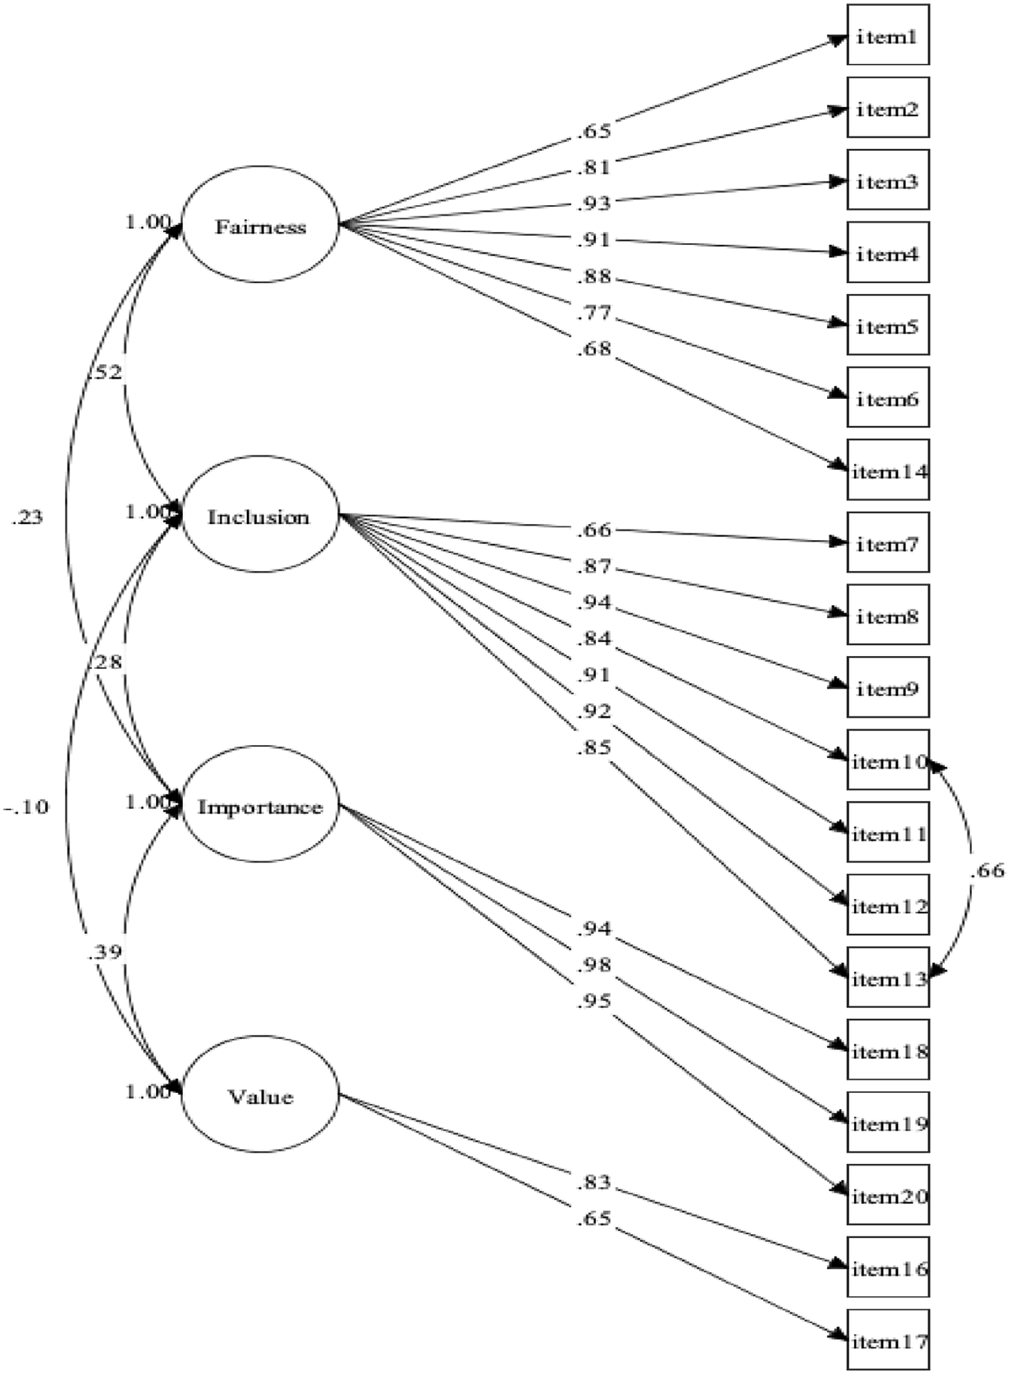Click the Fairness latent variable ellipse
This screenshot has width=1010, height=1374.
click(x=260, y=224)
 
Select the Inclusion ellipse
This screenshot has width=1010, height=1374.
click(x=260, y=514)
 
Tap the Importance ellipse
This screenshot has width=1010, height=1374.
click(x=260, y=804)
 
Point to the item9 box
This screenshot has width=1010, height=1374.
click(x=888, y=688)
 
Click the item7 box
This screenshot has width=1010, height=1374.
click(x=888, y=543)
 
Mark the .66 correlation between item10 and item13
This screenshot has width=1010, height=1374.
click(x=987, y=871)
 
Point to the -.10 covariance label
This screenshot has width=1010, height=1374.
click(x=27, y=807)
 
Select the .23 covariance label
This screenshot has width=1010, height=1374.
click(x=27, y=518)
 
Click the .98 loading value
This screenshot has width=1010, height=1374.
click(x=594, y=965)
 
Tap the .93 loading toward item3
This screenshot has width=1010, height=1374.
click(x=594, y=204)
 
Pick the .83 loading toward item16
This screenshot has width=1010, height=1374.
click(x=594, y=1182)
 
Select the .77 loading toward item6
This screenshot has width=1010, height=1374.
click(x=594, y=313)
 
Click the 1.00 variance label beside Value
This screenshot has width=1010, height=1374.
click(x=147, y=1092)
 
